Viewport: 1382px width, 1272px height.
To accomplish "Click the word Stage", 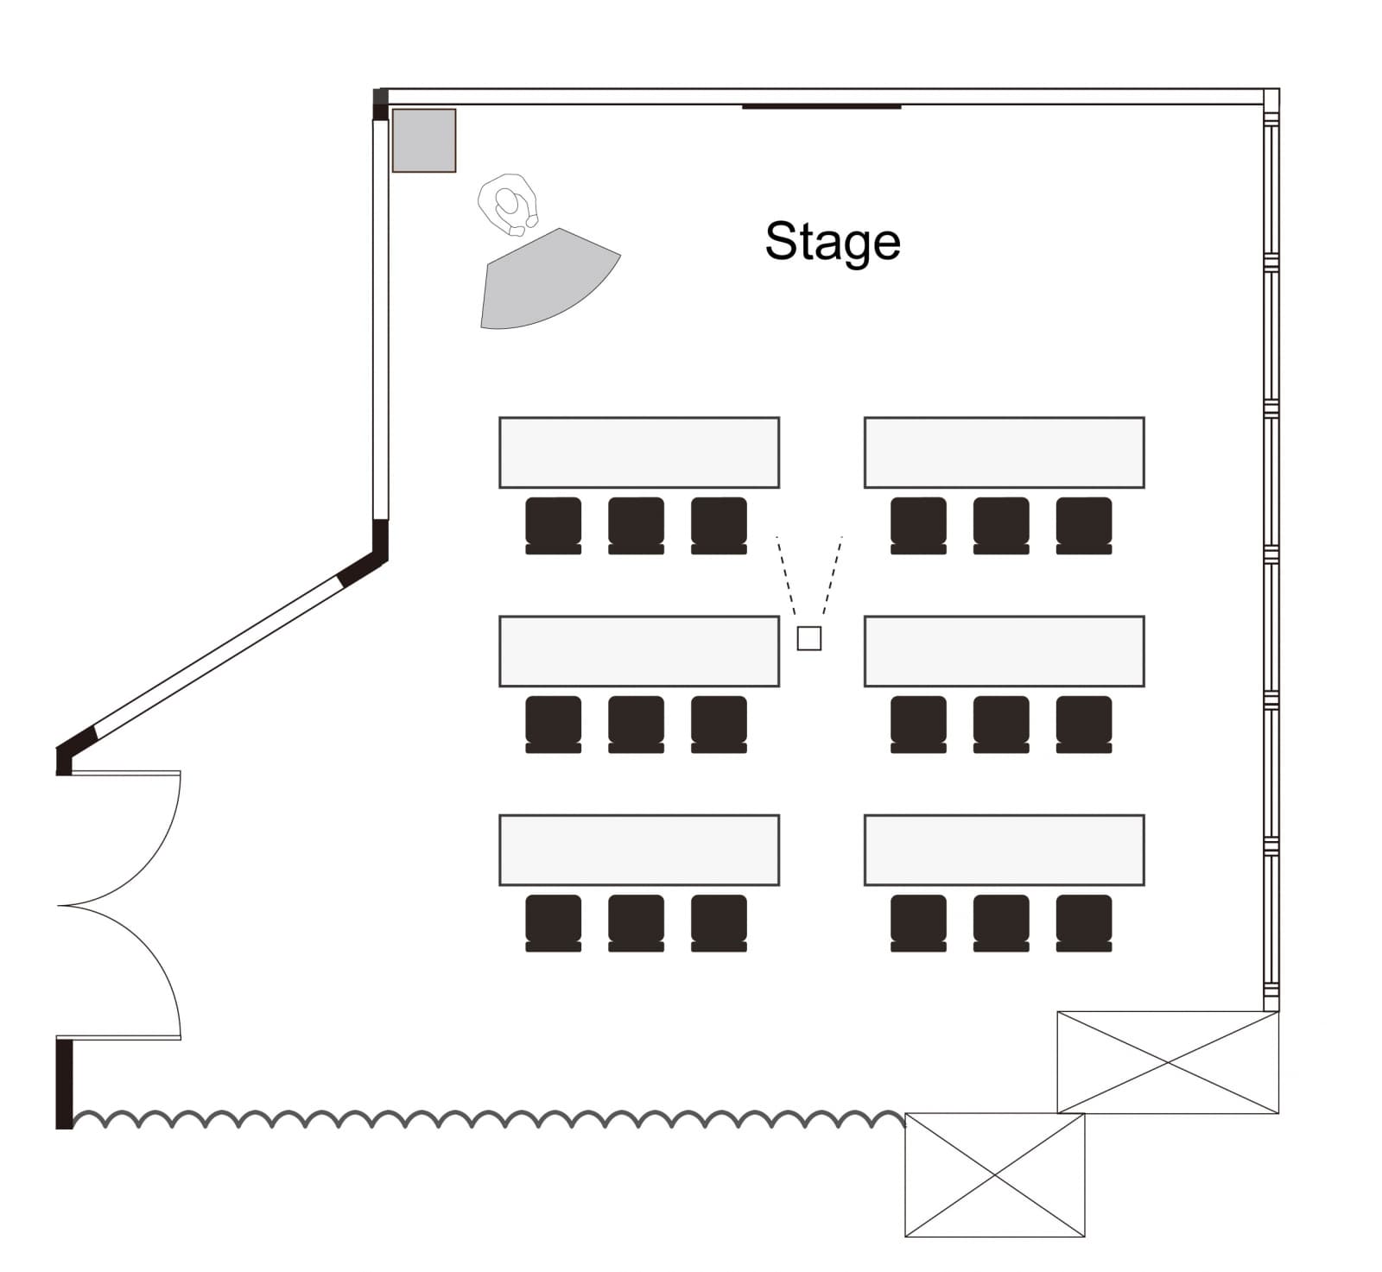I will pos(832,242).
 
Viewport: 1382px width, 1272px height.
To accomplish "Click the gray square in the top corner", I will pos(423,140).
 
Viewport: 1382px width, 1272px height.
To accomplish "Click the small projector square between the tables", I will pos(808,638).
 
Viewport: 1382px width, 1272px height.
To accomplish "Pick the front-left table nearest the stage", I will pos(639,452).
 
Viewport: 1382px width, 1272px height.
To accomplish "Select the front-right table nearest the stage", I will pos(1004,452).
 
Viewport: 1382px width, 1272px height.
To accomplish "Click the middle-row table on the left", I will pos(639,651).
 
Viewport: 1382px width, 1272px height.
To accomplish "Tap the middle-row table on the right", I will pos(1004,651).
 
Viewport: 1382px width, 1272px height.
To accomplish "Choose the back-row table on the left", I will pos(639,850).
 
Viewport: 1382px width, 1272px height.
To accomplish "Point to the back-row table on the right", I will pos(1004,850).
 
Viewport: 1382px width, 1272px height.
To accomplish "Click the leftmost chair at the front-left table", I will pos(553,524).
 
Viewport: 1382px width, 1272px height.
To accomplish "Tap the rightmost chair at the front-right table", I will pos(1083,524).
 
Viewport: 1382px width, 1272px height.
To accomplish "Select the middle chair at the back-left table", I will pos(636,921).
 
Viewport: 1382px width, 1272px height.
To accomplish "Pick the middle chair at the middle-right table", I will pos(1000,723).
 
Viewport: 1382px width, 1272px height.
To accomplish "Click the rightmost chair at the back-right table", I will pos(1083,921).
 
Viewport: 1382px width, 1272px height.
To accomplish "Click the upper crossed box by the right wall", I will pos(1167,1062).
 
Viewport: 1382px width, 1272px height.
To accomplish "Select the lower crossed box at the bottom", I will pos(994,1174).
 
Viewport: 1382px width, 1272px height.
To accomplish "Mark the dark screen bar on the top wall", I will pos(821,107).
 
